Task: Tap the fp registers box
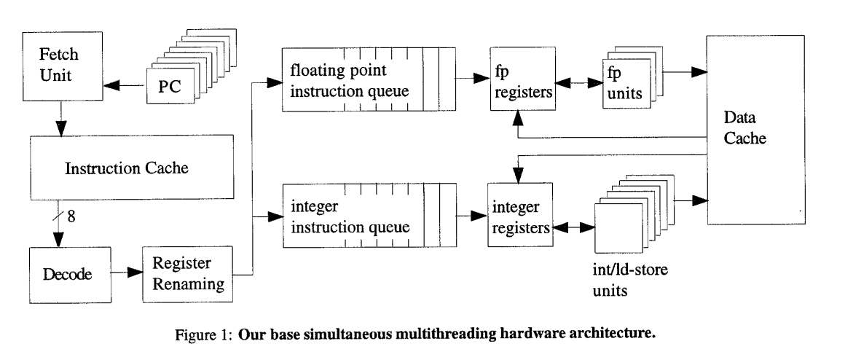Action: pyautogui.click(x=516, y=85)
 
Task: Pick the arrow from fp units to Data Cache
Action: pyautogui.click(x=677, y=71)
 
